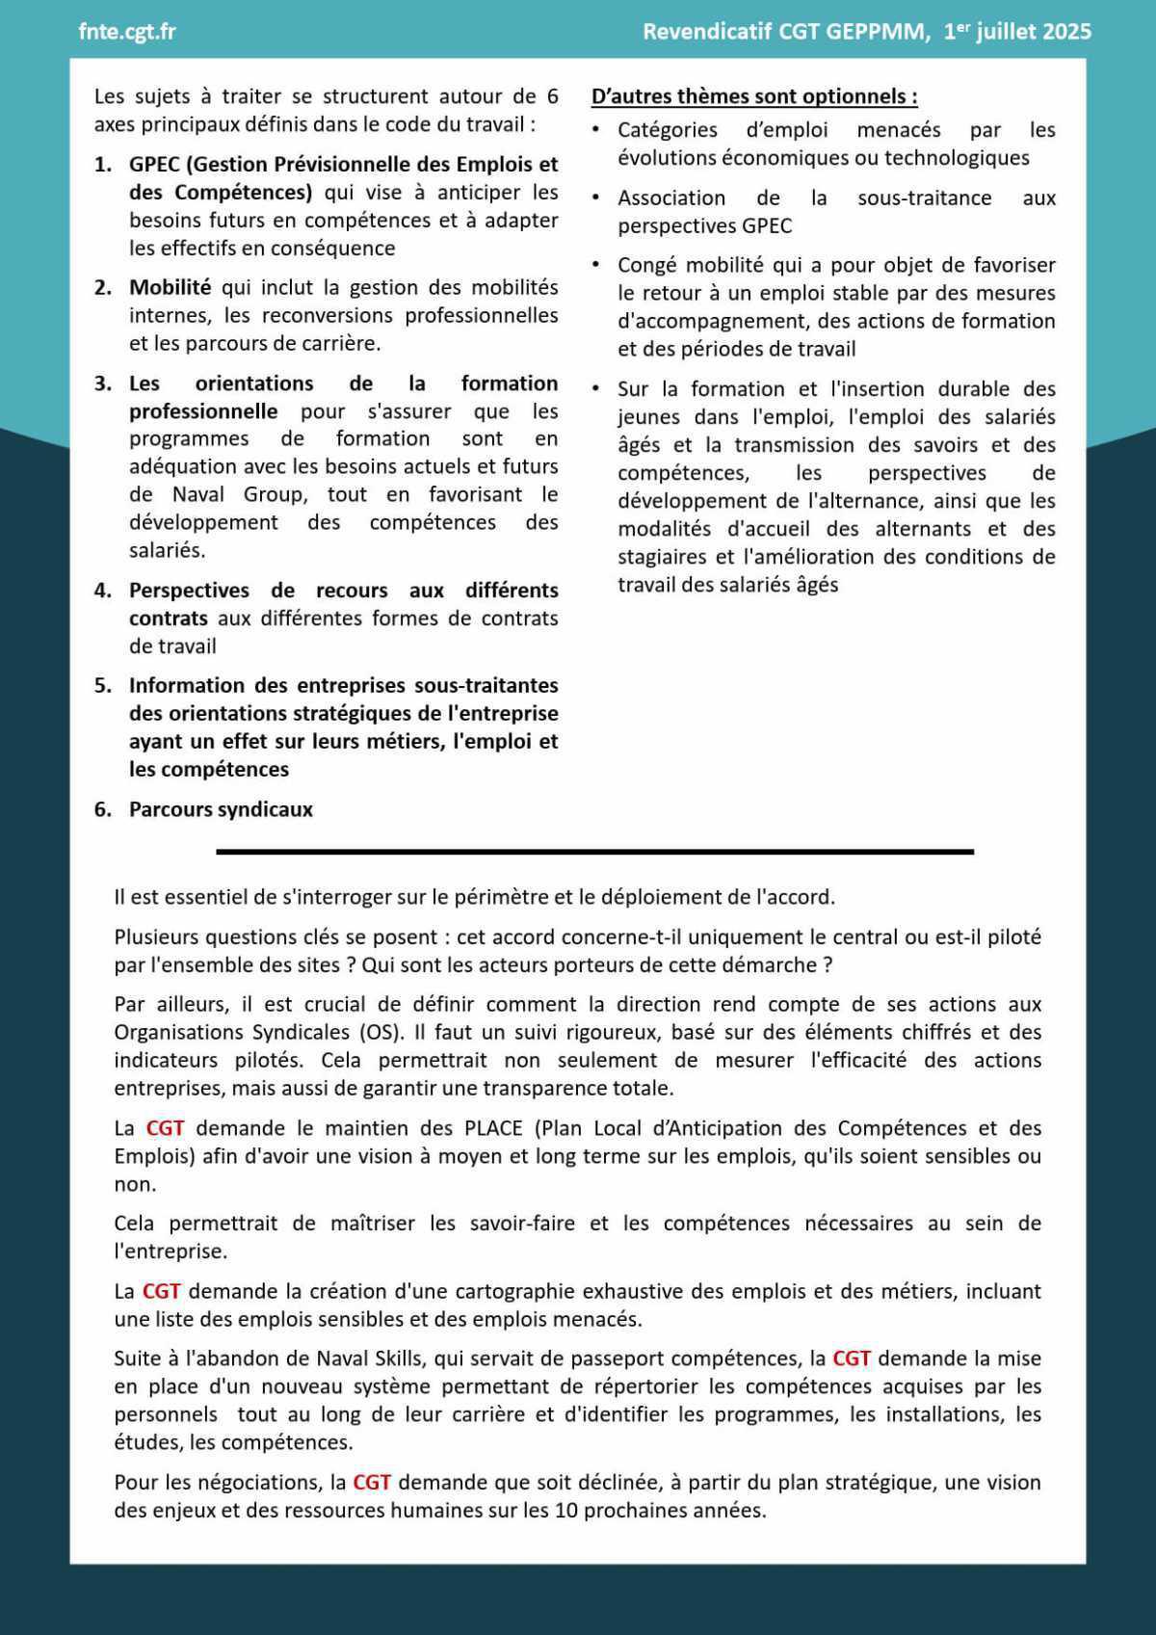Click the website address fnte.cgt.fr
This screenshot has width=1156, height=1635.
coord(127,32)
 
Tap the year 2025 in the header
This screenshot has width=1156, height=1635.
coord(1066,32)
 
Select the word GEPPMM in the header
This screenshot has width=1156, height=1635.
coord(877,32)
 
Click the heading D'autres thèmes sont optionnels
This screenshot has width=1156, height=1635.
coord(753,96)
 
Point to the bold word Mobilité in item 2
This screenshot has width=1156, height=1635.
coord(170,287)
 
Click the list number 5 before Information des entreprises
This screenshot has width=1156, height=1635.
coord(103,686)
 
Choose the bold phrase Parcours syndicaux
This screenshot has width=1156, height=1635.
coord(221,809)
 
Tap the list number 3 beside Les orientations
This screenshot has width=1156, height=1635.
coord(103,383)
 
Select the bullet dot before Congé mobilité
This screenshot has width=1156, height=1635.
coord(596,264)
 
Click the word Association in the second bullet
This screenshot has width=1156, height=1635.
coord(671,198)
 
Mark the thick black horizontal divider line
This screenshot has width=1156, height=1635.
coord(594,852)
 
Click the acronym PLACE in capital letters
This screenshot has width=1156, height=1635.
coord(492,1128)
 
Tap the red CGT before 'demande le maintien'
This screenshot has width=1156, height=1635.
coord(165,1128)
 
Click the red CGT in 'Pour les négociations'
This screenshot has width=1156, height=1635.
coord(372,1483)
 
